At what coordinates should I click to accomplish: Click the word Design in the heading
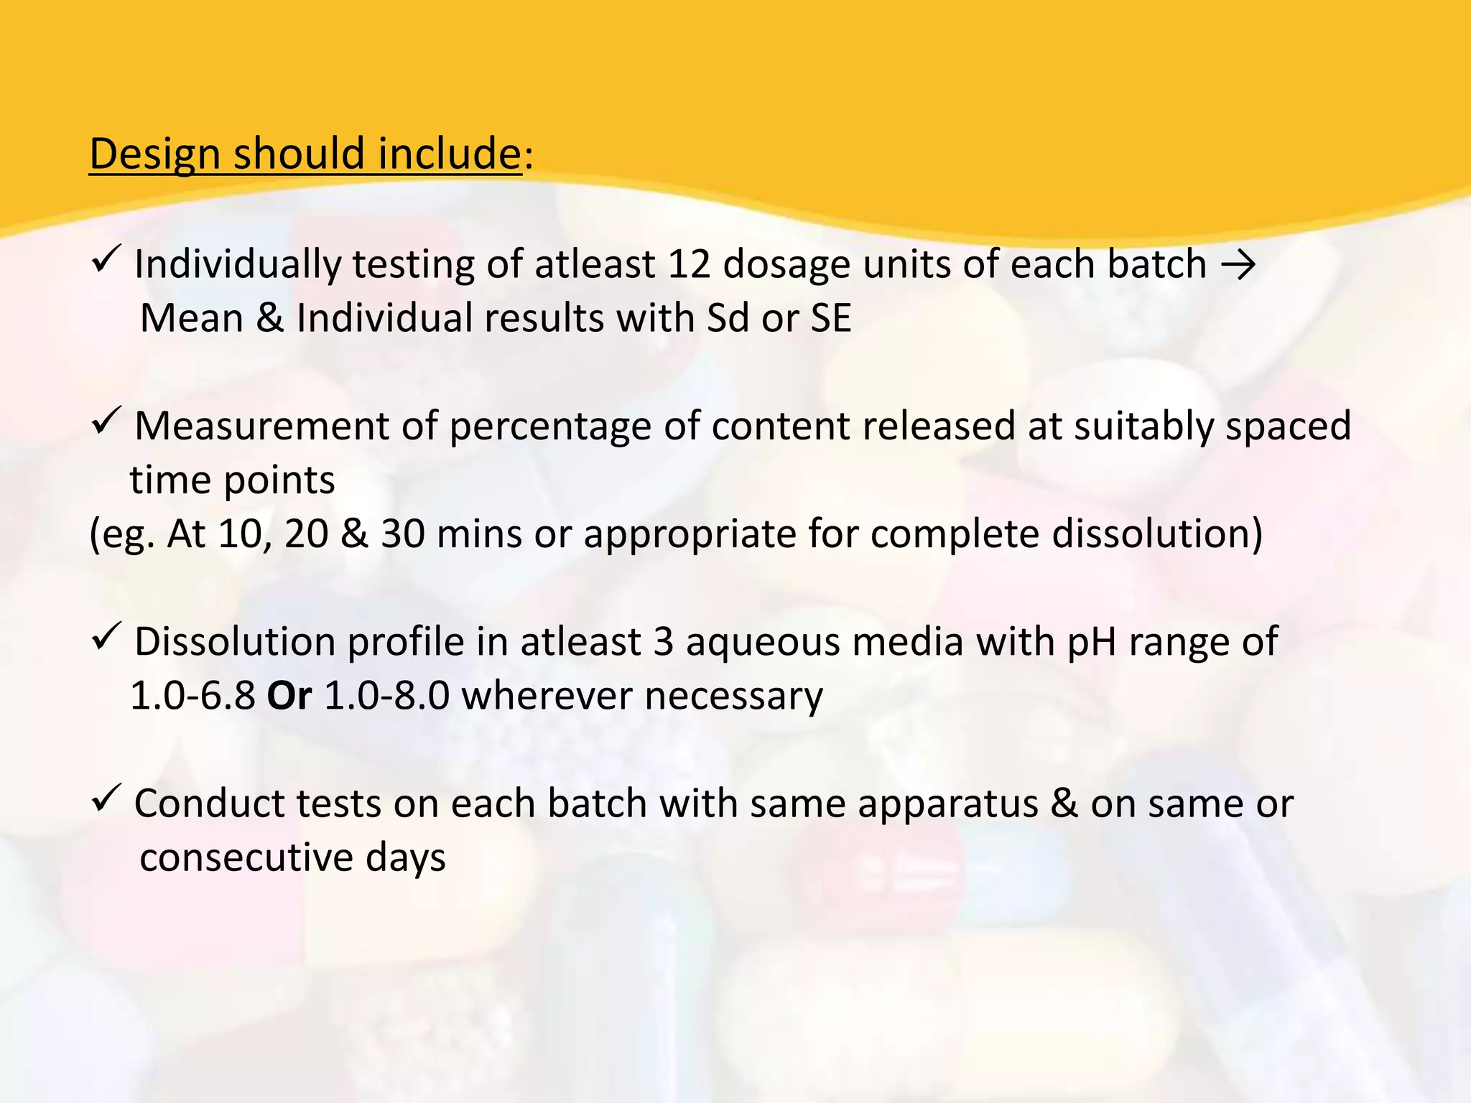click(x=154, y=154)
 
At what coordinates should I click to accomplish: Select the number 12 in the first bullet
click(x=689, y=264)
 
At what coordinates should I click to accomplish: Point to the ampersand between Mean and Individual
click(x=270, y=318)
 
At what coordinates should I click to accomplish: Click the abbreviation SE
click(x=831, y=318)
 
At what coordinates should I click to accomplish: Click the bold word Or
click(x=289, y=696)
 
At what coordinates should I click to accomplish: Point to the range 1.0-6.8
click(x=192, y=696)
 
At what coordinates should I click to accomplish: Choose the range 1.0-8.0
click(x=387, y=696)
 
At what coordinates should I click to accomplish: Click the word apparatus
click(x=948, y=804)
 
